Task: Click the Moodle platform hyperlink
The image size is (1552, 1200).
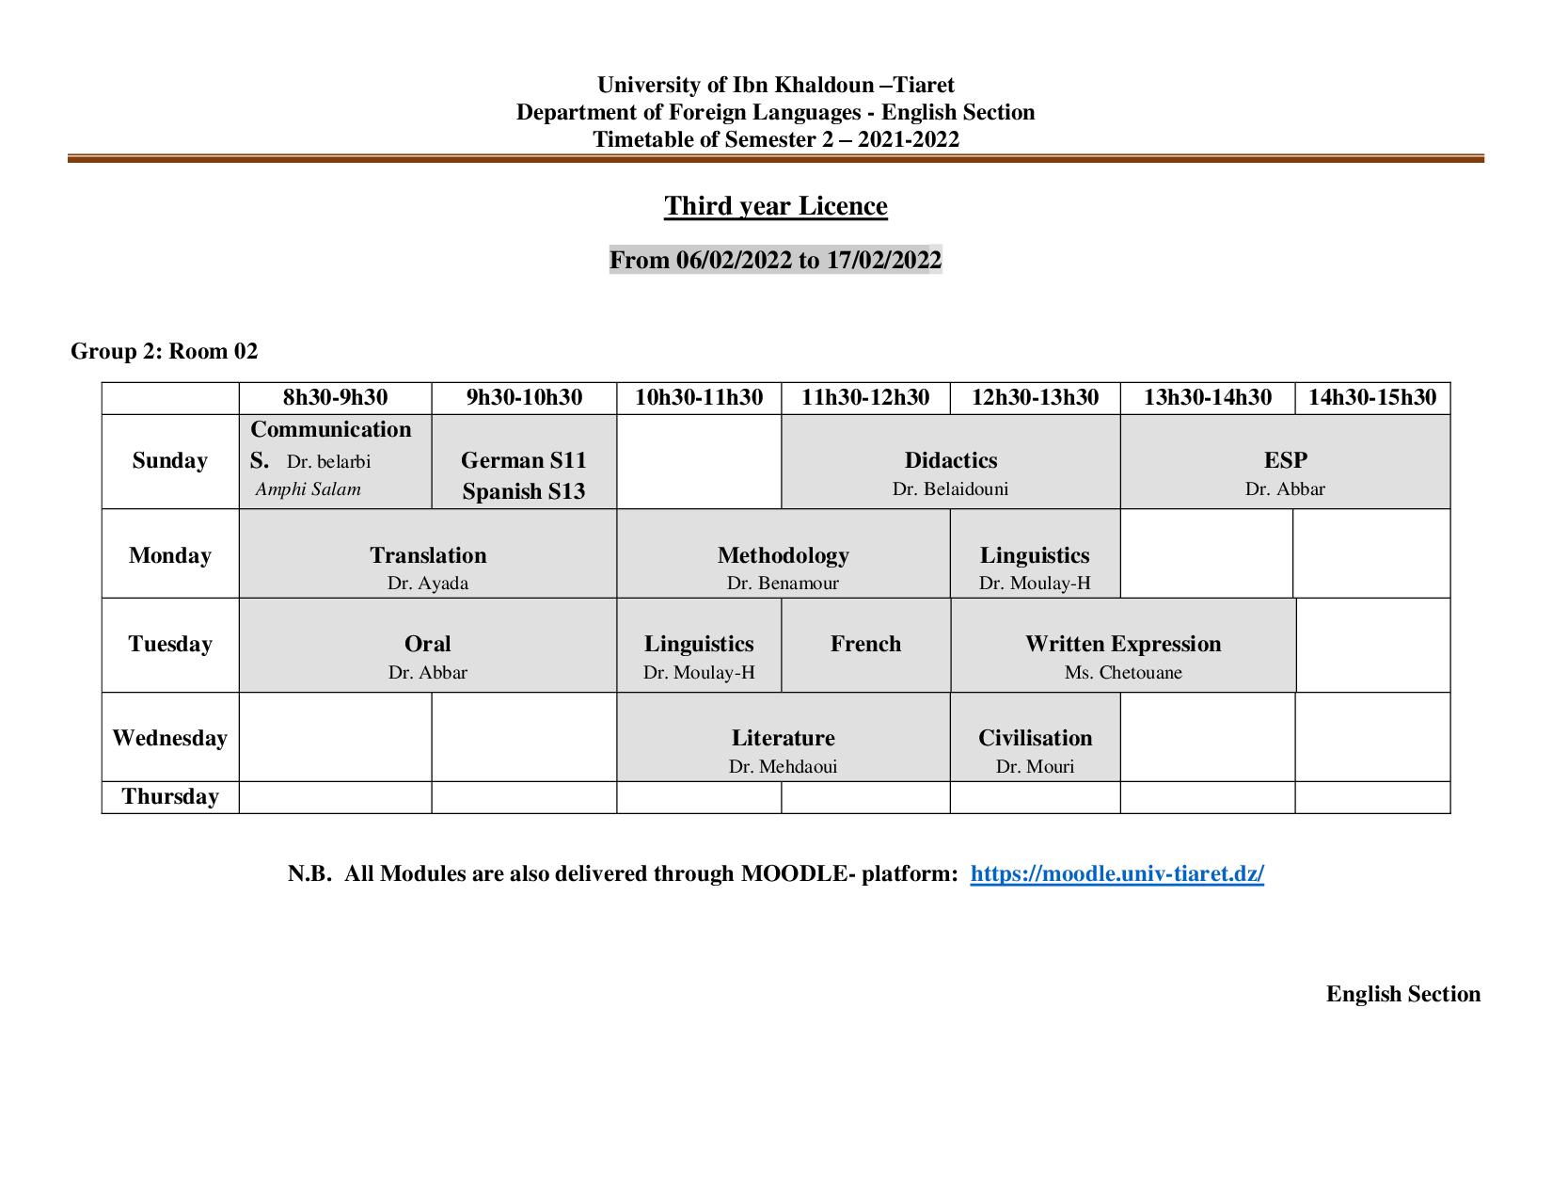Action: coord(1116,873)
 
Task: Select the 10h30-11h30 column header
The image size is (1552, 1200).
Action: coord(699,397)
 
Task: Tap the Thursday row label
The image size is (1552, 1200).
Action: coord(169,796)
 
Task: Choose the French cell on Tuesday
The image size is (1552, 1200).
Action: coord(865,644)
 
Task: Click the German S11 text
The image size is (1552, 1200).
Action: coord(524,460)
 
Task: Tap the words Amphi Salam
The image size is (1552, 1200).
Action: coord(308,489)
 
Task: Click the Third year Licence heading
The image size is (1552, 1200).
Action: coord(775,206)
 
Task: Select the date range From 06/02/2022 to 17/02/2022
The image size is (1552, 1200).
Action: coord(775,260)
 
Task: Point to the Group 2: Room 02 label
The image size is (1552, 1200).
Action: coord(164,351)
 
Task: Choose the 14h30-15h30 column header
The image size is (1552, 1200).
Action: coord(1372,397)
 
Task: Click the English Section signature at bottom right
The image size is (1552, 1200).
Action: coord(1402,994)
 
